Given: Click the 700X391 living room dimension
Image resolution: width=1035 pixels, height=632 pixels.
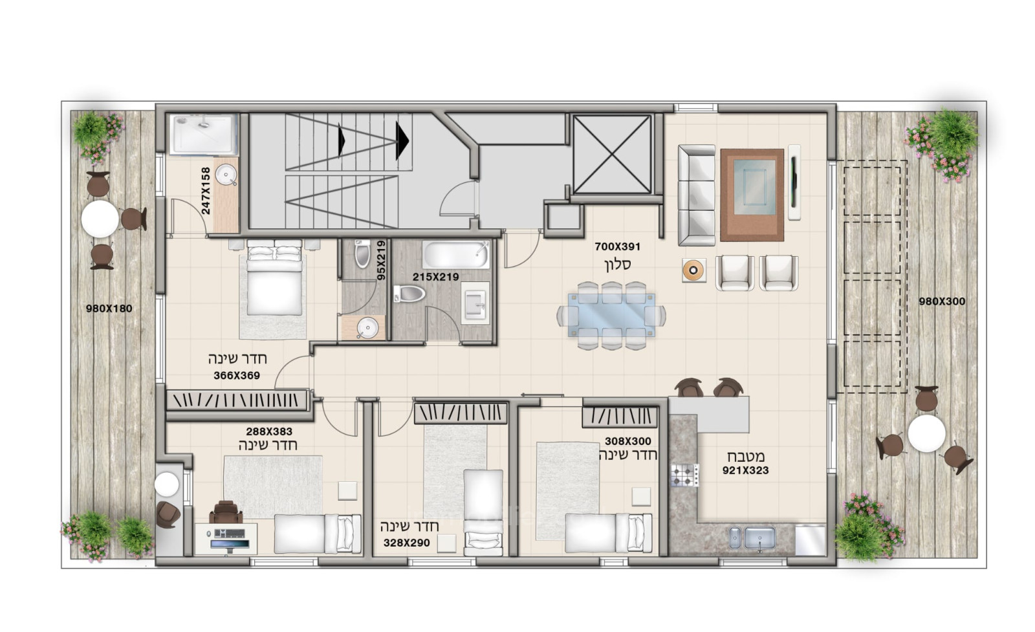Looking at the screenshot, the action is [x=617, y=246].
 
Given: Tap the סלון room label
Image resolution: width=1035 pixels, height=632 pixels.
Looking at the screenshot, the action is [x=618, y=265].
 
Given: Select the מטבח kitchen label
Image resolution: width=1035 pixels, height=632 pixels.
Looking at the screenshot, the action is [x=746, y=457].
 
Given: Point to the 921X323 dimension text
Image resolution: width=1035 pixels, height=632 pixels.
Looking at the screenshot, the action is [x=746, y=471].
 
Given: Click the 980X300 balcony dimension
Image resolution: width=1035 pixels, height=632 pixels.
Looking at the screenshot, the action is [x=942, y=301].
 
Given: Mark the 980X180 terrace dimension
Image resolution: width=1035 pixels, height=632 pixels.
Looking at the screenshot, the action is [x=109, y=309].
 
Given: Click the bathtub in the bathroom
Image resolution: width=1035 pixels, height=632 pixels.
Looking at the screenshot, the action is [x=455, y=255].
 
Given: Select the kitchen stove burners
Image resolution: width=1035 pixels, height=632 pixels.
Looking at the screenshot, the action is [x=685, y=475].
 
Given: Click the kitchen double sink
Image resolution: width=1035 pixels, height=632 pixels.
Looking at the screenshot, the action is [x=752, y=538].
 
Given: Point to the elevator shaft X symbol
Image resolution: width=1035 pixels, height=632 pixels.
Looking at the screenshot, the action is [x=612, y=154].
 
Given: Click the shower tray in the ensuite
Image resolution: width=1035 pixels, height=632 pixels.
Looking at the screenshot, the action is [x=203, y=134].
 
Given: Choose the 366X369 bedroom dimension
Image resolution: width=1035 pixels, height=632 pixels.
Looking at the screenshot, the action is [x=237, y=376].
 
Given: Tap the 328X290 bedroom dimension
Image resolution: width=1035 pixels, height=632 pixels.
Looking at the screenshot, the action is [x=407, y=543].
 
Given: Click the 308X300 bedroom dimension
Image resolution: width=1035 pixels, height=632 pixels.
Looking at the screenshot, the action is [x=628, y=441].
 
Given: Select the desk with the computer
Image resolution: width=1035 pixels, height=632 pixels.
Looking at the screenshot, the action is [x=226, y=539].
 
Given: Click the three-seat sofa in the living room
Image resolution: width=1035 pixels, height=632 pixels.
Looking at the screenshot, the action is [x=696, y=195].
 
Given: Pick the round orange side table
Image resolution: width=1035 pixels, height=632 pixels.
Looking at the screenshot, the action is [x=694, y=270].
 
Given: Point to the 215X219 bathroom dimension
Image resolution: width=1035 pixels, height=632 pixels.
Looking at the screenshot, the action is [x=436, y=278].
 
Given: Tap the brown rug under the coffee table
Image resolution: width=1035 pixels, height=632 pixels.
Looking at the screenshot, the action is [x=752, y=195].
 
